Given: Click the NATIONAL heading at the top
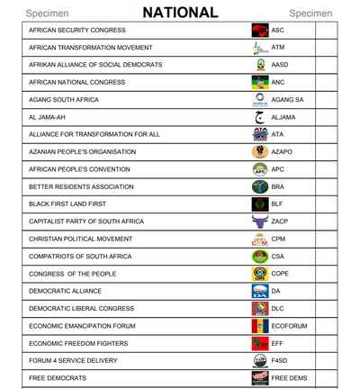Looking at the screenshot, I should pos(180,13).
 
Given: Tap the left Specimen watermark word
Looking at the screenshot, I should pos(47,14).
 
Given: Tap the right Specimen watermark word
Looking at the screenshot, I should pos(310,14).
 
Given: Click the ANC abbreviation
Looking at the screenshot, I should pos(279,81).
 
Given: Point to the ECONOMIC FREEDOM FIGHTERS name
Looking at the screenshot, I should pos(79,343).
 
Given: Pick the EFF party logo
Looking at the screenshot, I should pos(259,343).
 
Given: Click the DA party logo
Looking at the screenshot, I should pos(259,291).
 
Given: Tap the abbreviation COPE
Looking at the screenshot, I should pos(281,274).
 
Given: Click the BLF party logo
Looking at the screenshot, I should pos(259,204).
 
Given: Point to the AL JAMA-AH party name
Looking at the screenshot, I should pos(50,116).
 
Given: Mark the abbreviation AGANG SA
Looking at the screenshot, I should pos(288,99).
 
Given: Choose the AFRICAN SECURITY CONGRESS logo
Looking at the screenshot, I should pos(259,30).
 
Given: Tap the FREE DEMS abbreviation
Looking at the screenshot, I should pos(290,378).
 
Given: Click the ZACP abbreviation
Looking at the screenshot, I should pos(280,222).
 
